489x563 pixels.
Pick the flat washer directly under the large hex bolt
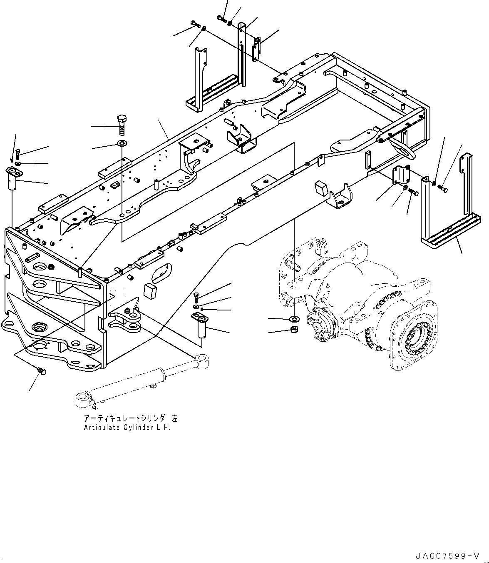coord(122,144)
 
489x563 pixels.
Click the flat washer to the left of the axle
coord(294,319)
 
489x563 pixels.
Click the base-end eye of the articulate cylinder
coord(82,400)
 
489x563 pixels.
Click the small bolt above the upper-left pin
coord(18,154)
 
